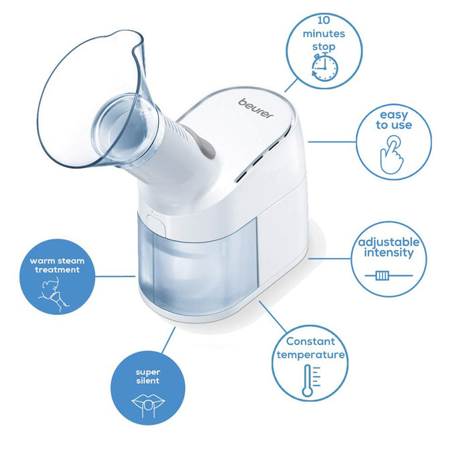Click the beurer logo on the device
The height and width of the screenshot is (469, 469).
[256, 109]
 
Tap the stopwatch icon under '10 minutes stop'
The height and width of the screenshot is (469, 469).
[324, 67]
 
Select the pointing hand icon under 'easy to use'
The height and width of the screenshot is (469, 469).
[392, 154]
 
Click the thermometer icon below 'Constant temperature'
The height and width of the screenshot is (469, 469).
[311, 381]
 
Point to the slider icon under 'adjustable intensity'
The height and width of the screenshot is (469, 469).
[389, 275]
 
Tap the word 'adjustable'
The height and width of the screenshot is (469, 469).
[389, 243]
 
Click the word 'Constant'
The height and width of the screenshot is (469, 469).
[310, 341]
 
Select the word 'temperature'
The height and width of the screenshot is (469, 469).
[310, 354]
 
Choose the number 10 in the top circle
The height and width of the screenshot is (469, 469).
[324, 20]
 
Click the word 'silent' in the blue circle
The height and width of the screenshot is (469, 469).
[148, 381]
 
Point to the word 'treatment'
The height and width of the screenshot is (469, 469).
[57, 270]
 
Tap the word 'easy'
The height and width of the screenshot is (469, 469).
[394, 115]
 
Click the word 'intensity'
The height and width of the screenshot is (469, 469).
[389, 253]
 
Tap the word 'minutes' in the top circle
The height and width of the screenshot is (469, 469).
[324, 33]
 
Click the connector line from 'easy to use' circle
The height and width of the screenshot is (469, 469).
[332, 142]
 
